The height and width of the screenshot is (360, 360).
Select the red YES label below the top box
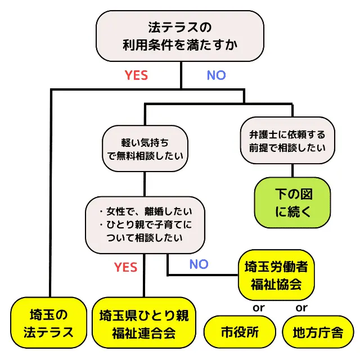[136, 75]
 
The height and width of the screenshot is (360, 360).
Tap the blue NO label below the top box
[217, 75]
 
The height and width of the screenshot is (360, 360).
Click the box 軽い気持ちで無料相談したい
[145, 148]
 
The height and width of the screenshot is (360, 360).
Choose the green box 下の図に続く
[293, 204]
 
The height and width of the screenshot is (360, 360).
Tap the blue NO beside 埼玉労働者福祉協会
[199, 264]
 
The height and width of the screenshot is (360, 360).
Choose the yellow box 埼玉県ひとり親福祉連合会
[143, 323]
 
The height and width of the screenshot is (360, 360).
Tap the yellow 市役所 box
[240, 332]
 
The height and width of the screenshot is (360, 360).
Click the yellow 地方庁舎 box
[318, 332]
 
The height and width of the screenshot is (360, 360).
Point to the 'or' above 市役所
[258, 308]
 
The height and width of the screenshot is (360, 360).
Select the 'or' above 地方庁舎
[301, 308]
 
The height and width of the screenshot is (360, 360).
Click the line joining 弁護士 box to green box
[292, 170]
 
